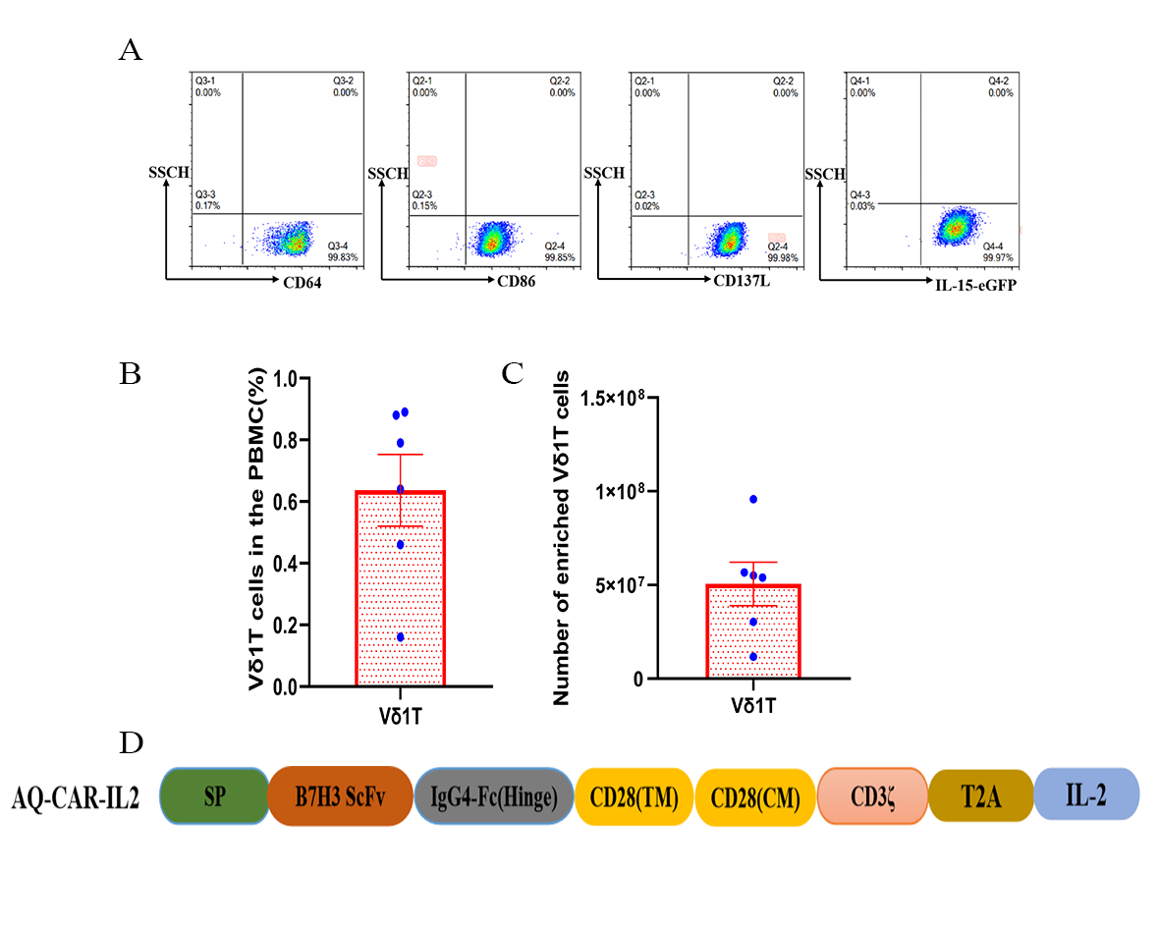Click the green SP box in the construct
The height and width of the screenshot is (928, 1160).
pos(214,796)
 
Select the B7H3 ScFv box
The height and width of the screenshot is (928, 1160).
pos(340,796)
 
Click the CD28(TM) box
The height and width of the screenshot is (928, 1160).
pos(635,796)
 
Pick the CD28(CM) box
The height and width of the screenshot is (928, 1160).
pos(755,796)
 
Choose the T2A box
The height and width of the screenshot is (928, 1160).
pos(980,796)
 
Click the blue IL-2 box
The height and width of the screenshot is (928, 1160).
pos(1086,796)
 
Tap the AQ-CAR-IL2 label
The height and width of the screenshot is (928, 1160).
pos(75,798)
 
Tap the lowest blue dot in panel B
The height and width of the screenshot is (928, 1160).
pos(400,637)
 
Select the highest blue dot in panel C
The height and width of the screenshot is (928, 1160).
pos(753,500)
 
